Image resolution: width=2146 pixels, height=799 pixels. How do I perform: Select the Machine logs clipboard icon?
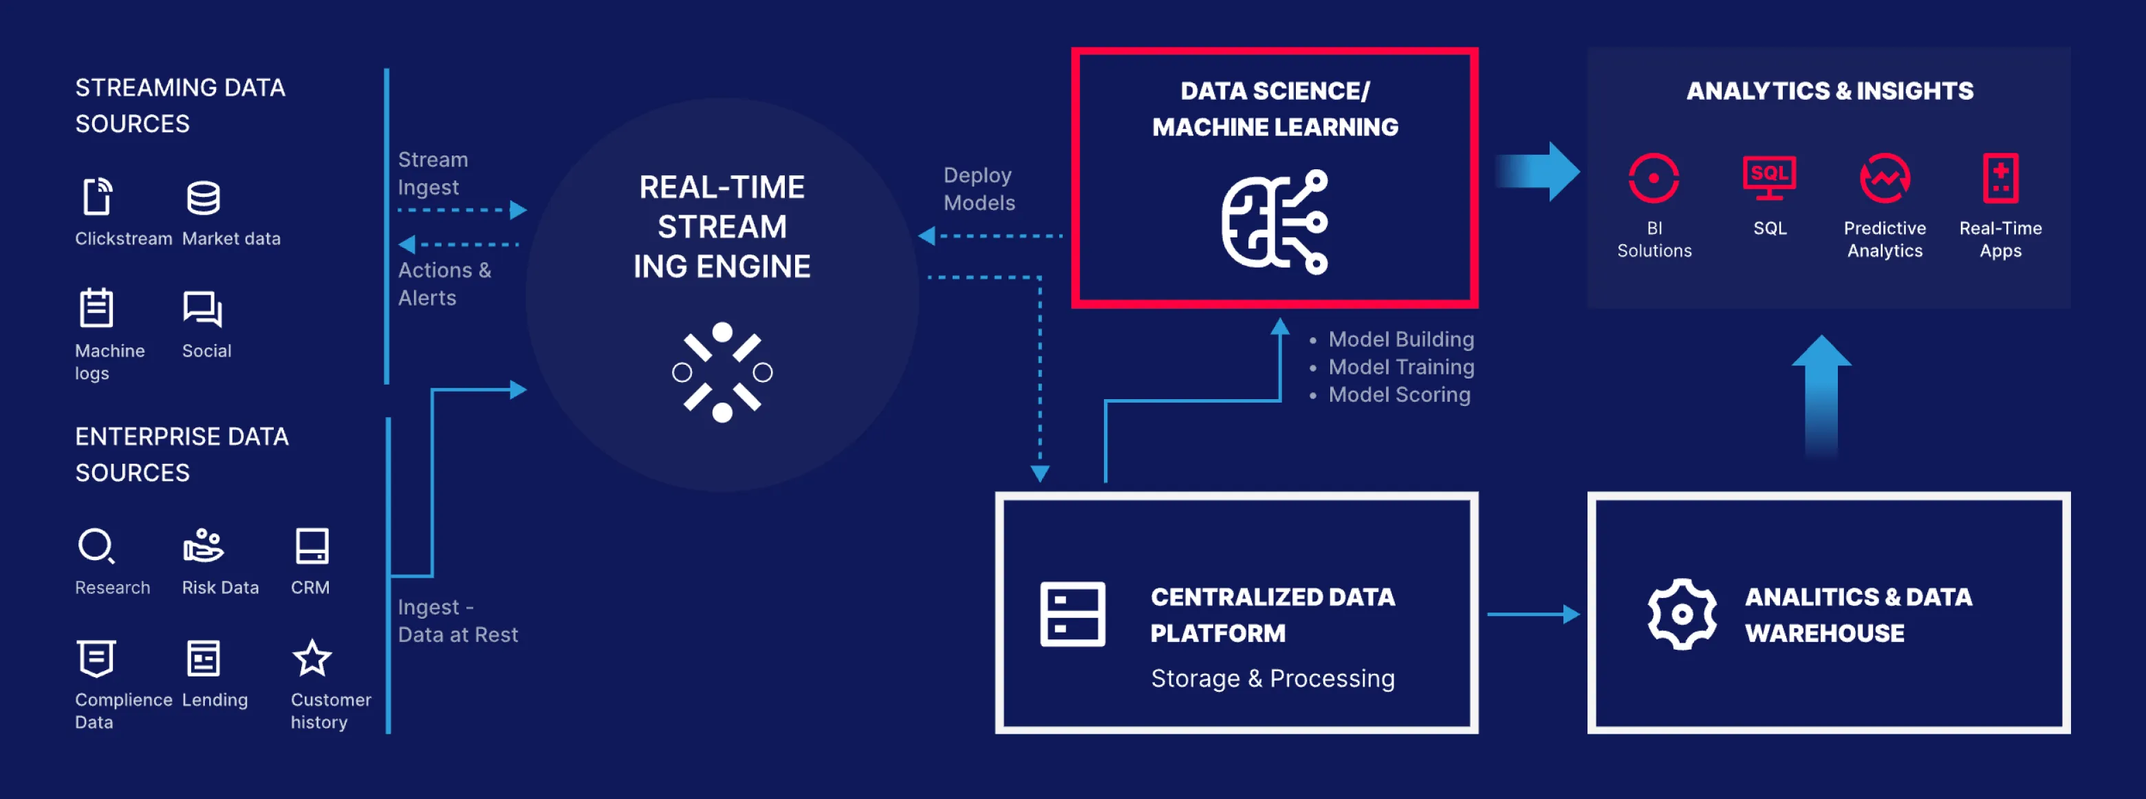(96, 308)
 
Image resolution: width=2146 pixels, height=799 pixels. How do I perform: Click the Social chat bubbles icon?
(202, 309)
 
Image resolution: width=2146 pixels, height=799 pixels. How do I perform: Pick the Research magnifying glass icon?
(96, 546)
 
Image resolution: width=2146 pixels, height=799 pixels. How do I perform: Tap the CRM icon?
(312, 546)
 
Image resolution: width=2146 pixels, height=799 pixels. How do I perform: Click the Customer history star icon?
(312, 658)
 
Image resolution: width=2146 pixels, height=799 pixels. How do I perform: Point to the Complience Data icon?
(96, 658)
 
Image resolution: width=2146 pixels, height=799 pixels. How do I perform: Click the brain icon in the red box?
(1275, 222)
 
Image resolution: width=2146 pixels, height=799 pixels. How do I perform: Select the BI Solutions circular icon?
(1654, 178)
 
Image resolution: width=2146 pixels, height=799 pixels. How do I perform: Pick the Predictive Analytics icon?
(1885, 178)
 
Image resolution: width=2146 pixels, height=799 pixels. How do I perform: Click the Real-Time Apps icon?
(2000, 178)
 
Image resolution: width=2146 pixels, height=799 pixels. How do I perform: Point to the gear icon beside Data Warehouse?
(1682, 614)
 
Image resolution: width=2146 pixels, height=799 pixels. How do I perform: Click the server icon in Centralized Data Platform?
(1072, 614)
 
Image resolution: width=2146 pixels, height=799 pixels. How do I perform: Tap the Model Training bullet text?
(1400, 367)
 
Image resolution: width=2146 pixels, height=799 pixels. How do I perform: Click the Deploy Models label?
(979, 189)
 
